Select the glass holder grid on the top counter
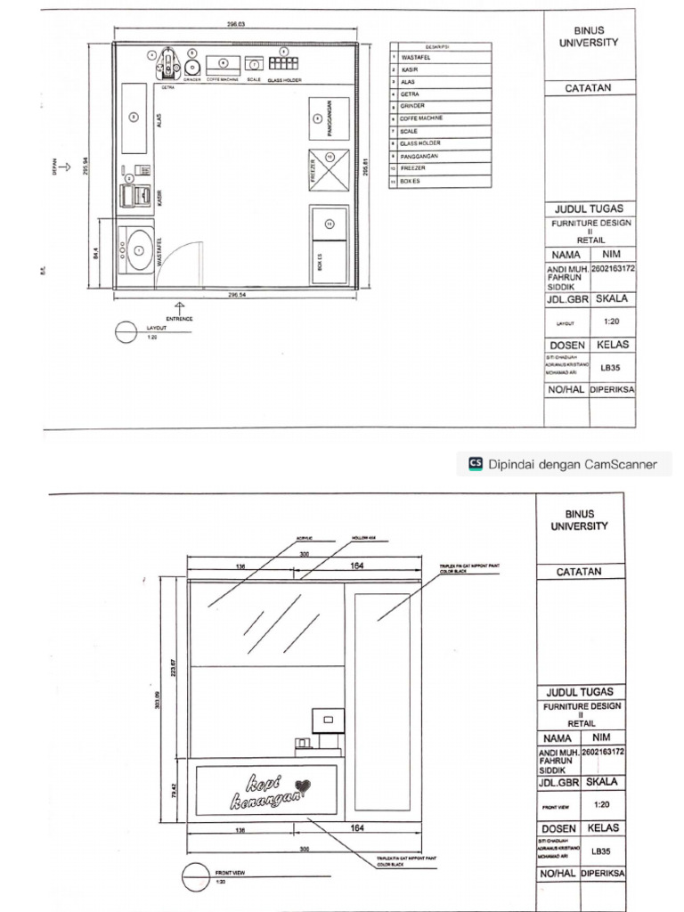pos(283,64)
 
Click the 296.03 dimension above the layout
pos(235,24)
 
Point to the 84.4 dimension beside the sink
pos(96,253)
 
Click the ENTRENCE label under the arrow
pos(179,318)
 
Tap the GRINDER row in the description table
pos(440,106)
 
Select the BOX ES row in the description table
pos(440,181)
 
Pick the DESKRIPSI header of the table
pos(440,46)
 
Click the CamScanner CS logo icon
pos(476,463)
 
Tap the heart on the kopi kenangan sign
pos(304,786)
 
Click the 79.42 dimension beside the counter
pos(175,790)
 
